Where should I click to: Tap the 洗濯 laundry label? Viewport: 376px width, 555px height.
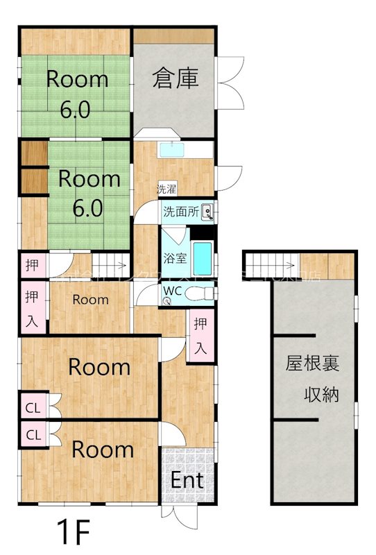(166, 189)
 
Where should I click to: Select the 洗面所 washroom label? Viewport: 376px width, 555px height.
(181, 212)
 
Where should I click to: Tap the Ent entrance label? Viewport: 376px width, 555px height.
(187, 479)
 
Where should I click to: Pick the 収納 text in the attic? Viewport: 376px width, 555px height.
(321, 395)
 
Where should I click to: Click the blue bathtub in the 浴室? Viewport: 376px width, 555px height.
(203, 259)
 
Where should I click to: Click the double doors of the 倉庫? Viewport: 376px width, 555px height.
(228, 82)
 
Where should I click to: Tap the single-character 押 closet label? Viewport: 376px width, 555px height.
(32, 264)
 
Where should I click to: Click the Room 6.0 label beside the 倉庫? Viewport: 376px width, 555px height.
(77, 94)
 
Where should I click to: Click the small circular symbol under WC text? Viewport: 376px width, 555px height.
(167, 301)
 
